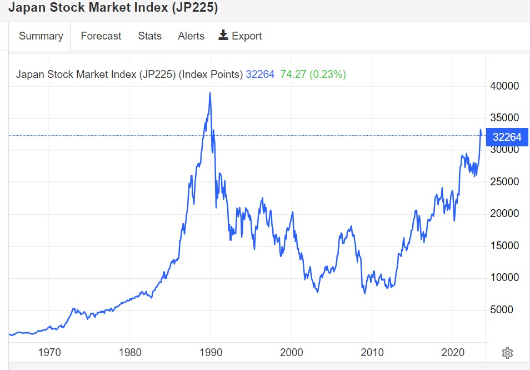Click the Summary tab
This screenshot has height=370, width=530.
pyautogui.click(x=41, y=36)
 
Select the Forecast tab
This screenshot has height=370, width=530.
pyautogui.click(x=101, y=36)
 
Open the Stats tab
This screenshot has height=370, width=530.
pyautogui.click(x=149, y=36)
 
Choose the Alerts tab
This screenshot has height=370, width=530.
pyautogui.click(x=191, y=36)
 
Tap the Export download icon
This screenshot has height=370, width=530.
pyautogui.click(x=223, y=36)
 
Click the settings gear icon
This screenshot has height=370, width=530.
pyautogui.click(x=507, y=353)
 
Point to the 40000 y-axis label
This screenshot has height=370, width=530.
pyautogui.click(x=504, y=86)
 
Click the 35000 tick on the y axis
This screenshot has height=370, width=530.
pyautogui.click(x=504, y=118)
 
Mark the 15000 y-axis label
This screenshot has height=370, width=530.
pyautogui.click(x=504, y=246)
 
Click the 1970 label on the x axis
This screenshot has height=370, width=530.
pyautogui.click(x=49, y=352)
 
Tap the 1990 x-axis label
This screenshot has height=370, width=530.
pyautogui.click(x=211, y=352)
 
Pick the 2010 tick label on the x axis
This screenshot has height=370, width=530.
pyautogui.click(x=372, y=352)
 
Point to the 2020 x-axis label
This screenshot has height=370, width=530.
pyautogui.click(x=453, y=352)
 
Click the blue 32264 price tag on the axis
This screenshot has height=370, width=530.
pyautogui.click(x=507, y=136)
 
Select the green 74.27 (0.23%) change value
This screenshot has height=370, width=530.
pyautogui.click(x=313, y=75)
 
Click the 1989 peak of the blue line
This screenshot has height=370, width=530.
pyautogui.click(x=210, y=93)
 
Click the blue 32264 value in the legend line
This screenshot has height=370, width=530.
pyautogui.click(x=260, y=75)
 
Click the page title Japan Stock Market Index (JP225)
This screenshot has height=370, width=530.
pyautogui.click(x=113, y=8)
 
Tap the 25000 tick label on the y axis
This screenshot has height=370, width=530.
pyautogui.click(x=504, y=182)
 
